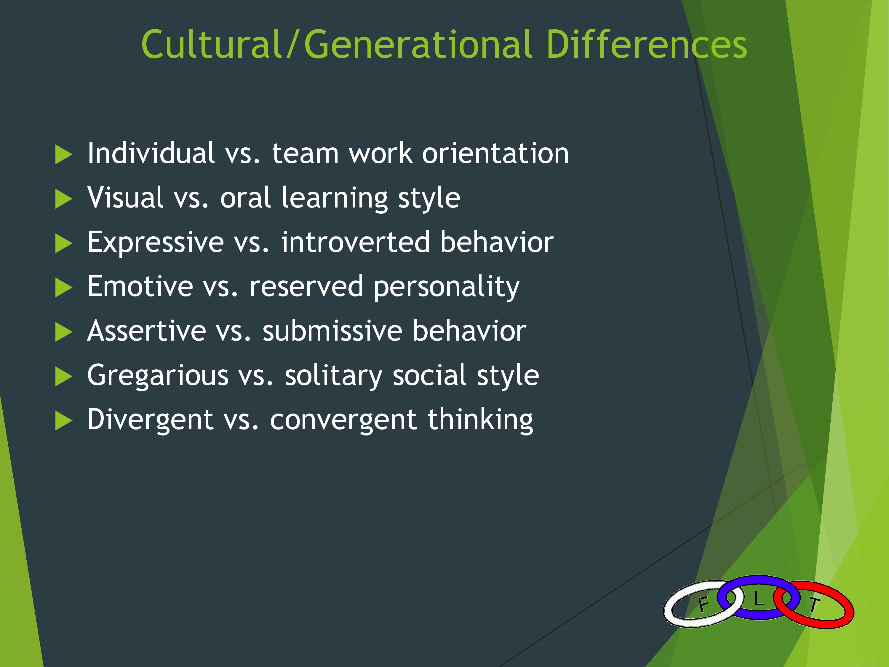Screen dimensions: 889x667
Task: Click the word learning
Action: tap(334, 199)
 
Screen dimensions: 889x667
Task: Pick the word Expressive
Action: tap(156, 243)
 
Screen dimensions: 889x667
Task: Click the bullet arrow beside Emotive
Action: tap(63, 288)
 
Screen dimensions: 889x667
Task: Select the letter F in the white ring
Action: tap(703, 604)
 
